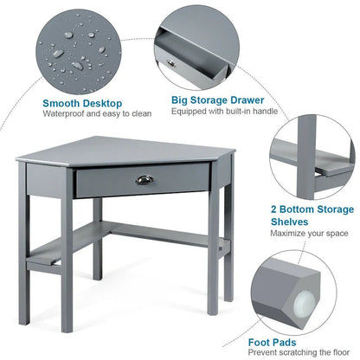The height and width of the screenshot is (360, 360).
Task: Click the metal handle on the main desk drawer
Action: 144,179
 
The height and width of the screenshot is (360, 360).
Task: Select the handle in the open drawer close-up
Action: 168,62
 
